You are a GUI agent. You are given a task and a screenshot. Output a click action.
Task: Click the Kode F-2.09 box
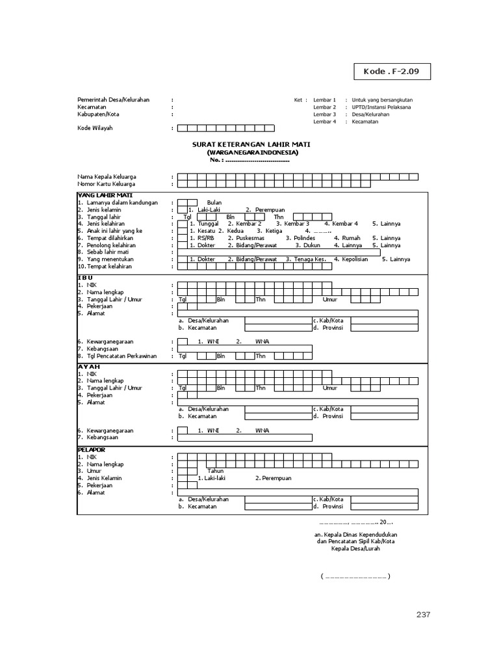[x=392, y=72]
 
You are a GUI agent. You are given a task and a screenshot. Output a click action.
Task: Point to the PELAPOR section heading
[x=92, y=449]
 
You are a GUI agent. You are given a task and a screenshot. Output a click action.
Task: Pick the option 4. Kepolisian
[x=351, y=259]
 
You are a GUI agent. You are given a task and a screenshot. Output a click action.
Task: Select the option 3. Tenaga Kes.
[x=305, y=259]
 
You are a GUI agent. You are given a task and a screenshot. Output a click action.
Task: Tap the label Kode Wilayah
[x=95, y=128]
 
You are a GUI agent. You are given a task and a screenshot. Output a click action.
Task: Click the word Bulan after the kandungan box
[x=214, y=202]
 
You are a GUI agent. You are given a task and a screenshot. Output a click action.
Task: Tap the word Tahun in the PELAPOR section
[x=215, y=471]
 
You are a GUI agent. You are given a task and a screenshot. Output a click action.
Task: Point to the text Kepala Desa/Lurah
[x=355, y=548]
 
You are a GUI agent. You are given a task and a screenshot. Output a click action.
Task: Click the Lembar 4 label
[x=324, y=121]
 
